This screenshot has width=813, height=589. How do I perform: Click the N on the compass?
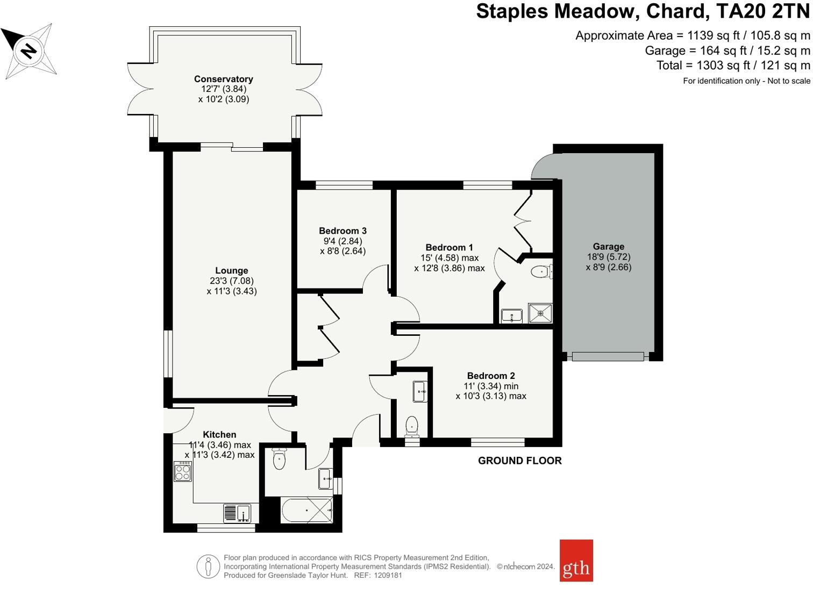coord(28,51)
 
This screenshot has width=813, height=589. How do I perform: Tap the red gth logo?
coord(576,561)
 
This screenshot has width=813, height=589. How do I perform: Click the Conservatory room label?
coord(224,79)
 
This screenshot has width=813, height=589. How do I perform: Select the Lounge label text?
coord(232,270)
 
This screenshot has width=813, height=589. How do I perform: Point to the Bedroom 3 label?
coord(343,231)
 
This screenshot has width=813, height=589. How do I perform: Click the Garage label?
coord(609,247)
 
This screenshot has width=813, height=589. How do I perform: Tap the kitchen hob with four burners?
coord(183,471)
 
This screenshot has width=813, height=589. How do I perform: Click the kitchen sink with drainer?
coord(237,514)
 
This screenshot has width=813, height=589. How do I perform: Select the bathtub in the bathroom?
coord(306,511)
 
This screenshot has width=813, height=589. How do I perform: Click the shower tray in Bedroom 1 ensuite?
coord(540,313)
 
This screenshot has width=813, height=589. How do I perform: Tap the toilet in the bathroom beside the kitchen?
coord(279,459)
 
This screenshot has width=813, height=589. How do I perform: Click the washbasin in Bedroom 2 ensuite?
coord(420,391)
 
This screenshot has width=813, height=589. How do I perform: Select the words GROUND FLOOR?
coord(520,461)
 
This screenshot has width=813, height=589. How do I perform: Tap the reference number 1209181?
coord(388,575)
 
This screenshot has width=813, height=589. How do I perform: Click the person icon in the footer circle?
coord(208,566)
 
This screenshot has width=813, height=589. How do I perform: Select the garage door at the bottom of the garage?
coord(608,356)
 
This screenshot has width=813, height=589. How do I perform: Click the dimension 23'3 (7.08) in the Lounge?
coord(232,281)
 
